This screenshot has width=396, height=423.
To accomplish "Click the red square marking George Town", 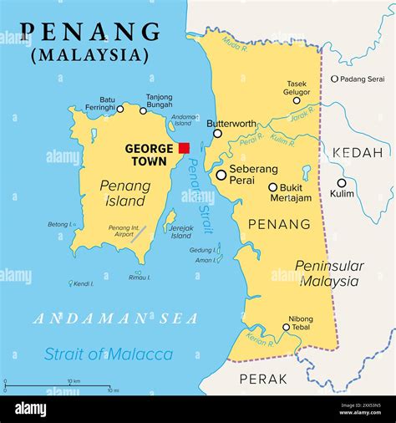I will click(184, 148).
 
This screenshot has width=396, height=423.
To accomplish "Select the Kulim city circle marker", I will click(341, 183).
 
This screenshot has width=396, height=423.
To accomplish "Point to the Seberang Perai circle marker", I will click(221, 175).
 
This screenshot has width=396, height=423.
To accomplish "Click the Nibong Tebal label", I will click(301, 323).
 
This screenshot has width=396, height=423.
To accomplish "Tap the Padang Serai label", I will click(362, 79).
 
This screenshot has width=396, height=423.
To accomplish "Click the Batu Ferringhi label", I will click(95, 104).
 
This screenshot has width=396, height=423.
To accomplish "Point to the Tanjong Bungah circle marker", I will click(143, 110).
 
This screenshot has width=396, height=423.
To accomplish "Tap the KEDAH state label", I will click(357, 153).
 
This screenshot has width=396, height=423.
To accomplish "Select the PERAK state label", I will click(263, 379).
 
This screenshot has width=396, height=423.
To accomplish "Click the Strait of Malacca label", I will click(109, 354).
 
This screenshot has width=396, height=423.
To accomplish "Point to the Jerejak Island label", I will click(180, 231).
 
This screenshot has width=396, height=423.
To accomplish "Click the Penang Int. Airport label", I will click(124, 232).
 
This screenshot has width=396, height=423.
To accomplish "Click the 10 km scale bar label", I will click(73, 381).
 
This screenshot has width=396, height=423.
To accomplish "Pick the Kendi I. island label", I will click(84, 284).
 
